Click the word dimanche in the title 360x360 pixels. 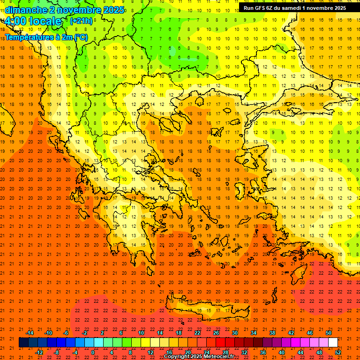click(x=26, y=10)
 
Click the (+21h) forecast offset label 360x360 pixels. click(x=81, y=21)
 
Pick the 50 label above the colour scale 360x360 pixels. click(x=328, y=333)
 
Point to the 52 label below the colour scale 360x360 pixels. click(x=338, y=352)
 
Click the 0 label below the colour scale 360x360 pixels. click(x=93, y=352)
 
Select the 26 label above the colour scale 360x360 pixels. click(x=216, y=333)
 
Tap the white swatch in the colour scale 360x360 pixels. click(x=333, y=343)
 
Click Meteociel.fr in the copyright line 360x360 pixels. click(x=219, y=357)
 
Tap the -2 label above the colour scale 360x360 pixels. click(x=85, y=333)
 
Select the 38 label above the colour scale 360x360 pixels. click(x=272, y=333)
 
